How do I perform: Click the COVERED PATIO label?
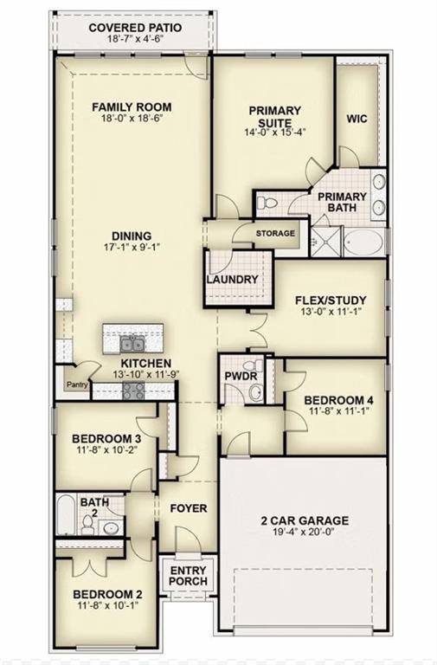click(x=135, y=28)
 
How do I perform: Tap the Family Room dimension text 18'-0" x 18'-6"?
click(x=132, y=119)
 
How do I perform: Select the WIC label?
click(x=357, y=119)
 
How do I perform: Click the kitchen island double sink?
click(x=132, y=345)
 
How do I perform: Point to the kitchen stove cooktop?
click(x=133, y=391)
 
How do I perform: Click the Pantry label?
click(x=78, y=384)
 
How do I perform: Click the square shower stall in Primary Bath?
click(x=325, y=242)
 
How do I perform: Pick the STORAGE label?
click(x=275, y=233)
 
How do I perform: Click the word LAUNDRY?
click(x=232, y=280)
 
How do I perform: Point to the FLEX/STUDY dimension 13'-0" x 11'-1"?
click(x=331, y=312)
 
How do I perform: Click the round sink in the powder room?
click(x=255, y=392)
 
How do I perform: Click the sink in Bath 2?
click(x=111, y=528)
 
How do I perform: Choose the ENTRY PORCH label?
click(x=188, y=576)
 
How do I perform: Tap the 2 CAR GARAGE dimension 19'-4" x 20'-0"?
click(x=305, y=532)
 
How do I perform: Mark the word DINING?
click(x=132, y=236)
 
